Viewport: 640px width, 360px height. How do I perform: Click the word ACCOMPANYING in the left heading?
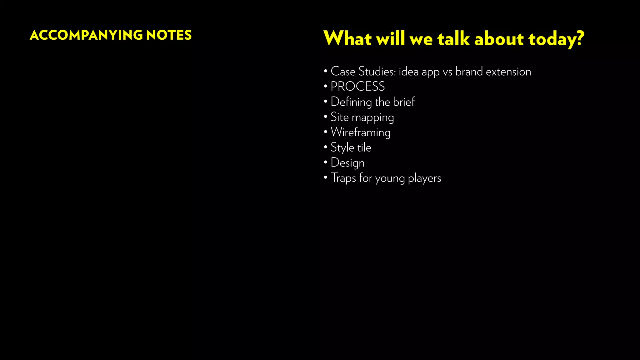[x=86, y=35]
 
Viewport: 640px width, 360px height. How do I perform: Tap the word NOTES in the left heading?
[x=169, y=35]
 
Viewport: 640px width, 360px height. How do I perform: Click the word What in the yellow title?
[x=347, y=39]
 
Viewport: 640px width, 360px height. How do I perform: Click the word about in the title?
[x=499, y=39]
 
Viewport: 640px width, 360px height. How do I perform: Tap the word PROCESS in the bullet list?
[x=357, y=87]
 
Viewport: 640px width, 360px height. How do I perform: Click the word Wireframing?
[x=360, y=132]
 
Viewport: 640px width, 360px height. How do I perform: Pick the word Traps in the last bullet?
[x=343, y=178]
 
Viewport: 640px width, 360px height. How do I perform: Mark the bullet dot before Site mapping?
[x=326, y=117]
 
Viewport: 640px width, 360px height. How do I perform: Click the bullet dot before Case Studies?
[x=326, y=71]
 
